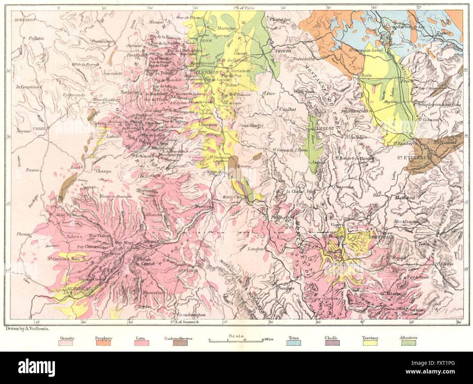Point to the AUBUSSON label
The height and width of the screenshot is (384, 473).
point(24,20)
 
